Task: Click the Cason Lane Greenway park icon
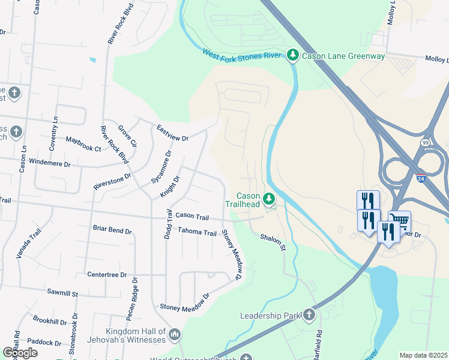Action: tap(292, 56)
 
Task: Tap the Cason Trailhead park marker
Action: tap(270, 197)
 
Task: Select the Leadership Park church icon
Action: tap(309, 315)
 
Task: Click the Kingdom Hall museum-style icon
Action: tap(175, 334)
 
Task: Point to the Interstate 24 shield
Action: tap(422, 178)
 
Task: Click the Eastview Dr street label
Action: tap(172, 133)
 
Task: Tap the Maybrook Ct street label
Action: tap(83, 143)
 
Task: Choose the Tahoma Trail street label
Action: tap(196, 232)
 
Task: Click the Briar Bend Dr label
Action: tap(112, 229)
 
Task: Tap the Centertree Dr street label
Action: tap(107, 274)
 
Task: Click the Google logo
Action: tap(20, 353)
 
